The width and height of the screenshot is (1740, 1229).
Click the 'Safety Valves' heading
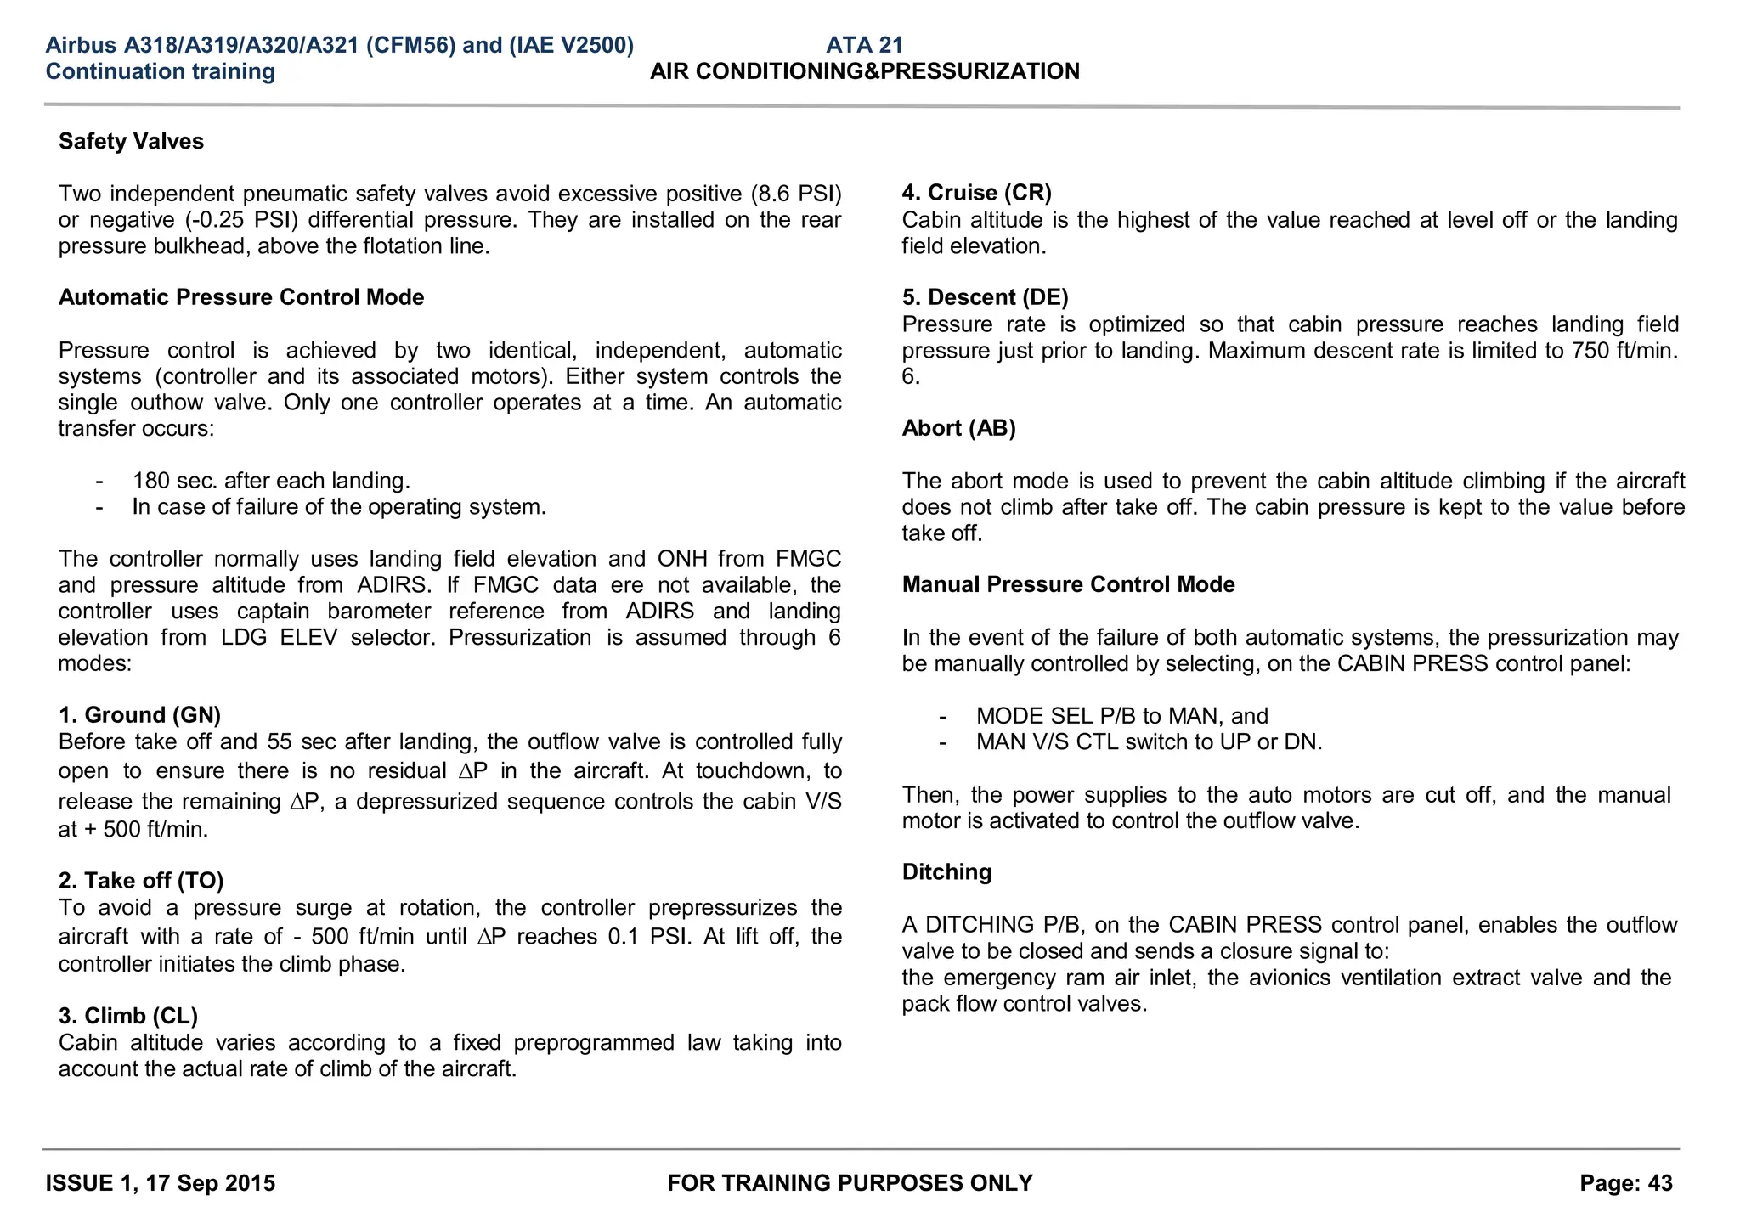[x=131, y=141]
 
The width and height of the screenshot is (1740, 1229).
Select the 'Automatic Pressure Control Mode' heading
[x=241, y=297]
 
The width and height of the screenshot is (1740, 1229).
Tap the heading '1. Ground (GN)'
[x=139, y=715]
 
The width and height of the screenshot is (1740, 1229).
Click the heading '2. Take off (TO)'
[x=141, y=880]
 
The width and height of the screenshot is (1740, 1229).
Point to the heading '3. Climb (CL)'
[x=128, y=1016]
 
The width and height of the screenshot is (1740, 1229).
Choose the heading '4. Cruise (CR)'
[x=977, y=193]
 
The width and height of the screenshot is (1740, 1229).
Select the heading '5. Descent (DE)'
[x=986, y=297]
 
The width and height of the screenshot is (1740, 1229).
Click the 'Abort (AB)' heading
[x=959, y=428]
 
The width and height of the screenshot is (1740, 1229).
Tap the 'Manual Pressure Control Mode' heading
[x=1069, y=584]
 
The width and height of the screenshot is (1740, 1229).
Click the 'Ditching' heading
[x=947, y=872]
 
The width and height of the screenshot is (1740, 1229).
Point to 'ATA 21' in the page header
[x=865, y=45]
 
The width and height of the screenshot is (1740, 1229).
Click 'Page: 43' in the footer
[x=1626, y=1183]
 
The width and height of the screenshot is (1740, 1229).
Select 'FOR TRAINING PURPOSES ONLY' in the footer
[x=850, y=1183]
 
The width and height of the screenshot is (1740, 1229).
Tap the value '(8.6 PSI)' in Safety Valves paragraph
[x=796, y=194]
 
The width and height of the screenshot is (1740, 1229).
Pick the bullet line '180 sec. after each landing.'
[x=271, y=481]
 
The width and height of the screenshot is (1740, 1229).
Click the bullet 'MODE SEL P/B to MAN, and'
[x=1122, y=716]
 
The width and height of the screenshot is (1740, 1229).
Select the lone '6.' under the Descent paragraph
[x=911, y=376]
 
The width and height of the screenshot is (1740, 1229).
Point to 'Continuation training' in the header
[x=161, y=71]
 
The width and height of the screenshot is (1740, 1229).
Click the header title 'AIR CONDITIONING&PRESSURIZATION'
[x=865, y=71]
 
